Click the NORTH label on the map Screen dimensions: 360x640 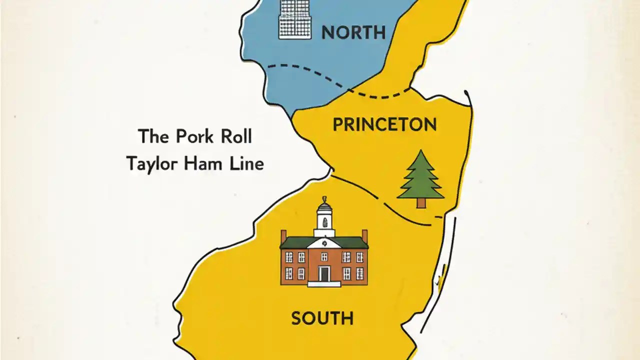pyautogui.click(x=353, y=33)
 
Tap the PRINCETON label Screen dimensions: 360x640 pyautogui.click(x=384, y=124)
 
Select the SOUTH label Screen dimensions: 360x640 pyautogui.click(x=322, y=318)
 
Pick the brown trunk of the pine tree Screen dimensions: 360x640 pyautogui.click(x=421, y=203)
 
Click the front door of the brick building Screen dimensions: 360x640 pyautogui.click(x=324, y=274)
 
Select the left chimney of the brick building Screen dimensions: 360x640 pyautogui.click(x=283, y=235)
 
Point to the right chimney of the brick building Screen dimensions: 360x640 pyautogui.click(x=364, y=235)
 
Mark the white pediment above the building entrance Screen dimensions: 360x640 pyautogui.click(x=324, y=243)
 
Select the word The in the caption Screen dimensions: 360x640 pyautogui.click(x=152, y=136)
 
